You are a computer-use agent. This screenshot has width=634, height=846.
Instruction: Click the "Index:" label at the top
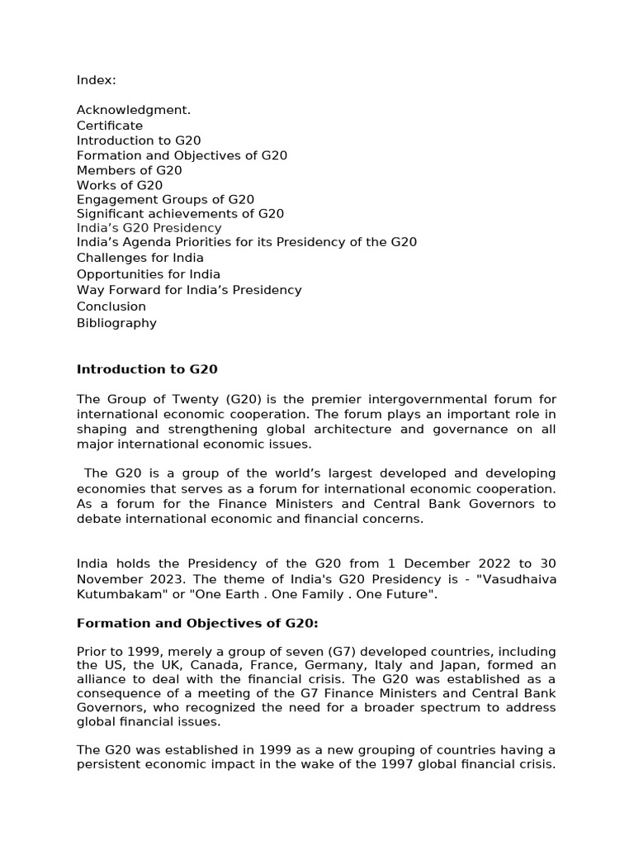pos(97,80)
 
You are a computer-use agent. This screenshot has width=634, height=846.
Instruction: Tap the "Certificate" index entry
pos(110,126)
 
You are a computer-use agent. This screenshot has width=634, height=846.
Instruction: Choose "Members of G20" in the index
pos(130,170)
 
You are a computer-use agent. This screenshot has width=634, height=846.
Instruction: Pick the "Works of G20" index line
pos(120,185)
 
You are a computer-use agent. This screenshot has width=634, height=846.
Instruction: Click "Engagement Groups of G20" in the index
pos(165,199)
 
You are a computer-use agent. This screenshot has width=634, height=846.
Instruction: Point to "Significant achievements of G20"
pos(180,213)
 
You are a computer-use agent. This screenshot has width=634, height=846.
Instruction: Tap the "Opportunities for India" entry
pos(149,273)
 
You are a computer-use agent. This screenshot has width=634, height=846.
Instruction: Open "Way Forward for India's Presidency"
pos(189,290)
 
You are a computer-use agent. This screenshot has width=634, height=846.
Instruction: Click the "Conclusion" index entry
pos(111,307)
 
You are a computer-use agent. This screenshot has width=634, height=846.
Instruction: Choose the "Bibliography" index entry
pos(116,323)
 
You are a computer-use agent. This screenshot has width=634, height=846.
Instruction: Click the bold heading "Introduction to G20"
pos(147,369)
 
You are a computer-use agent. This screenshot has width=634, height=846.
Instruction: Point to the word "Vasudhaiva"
pos(523,579)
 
